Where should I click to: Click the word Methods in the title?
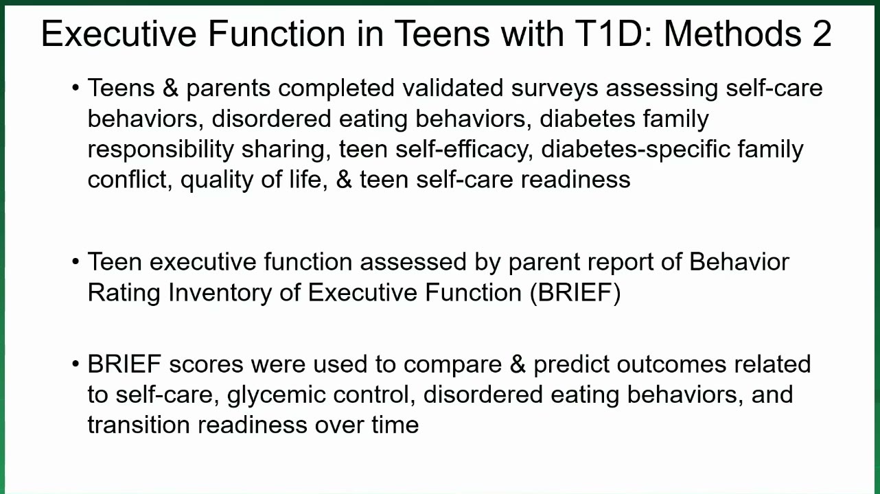coord(732,34)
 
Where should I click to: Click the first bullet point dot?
coord(76,88)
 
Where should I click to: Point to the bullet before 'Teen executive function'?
coord(76,261)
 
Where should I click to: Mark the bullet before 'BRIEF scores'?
coord(76,364)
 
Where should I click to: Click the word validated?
coord(453,88)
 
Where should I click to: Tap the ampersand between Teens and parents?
coord(170,88)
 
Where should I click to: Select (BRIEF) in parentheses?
coord(575,293)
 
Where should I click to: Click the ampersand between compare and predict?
coord(518,364)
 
